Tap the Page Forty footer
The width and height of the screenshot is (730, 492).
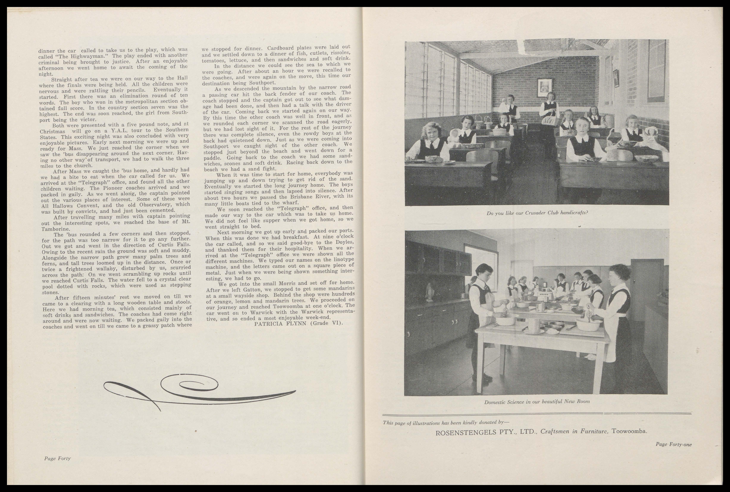(57, 458)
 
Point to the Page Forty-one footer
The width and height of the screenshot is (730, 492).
(673, 444)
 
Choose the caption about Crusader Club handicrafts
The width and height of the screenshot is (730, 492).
(537, 213)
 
